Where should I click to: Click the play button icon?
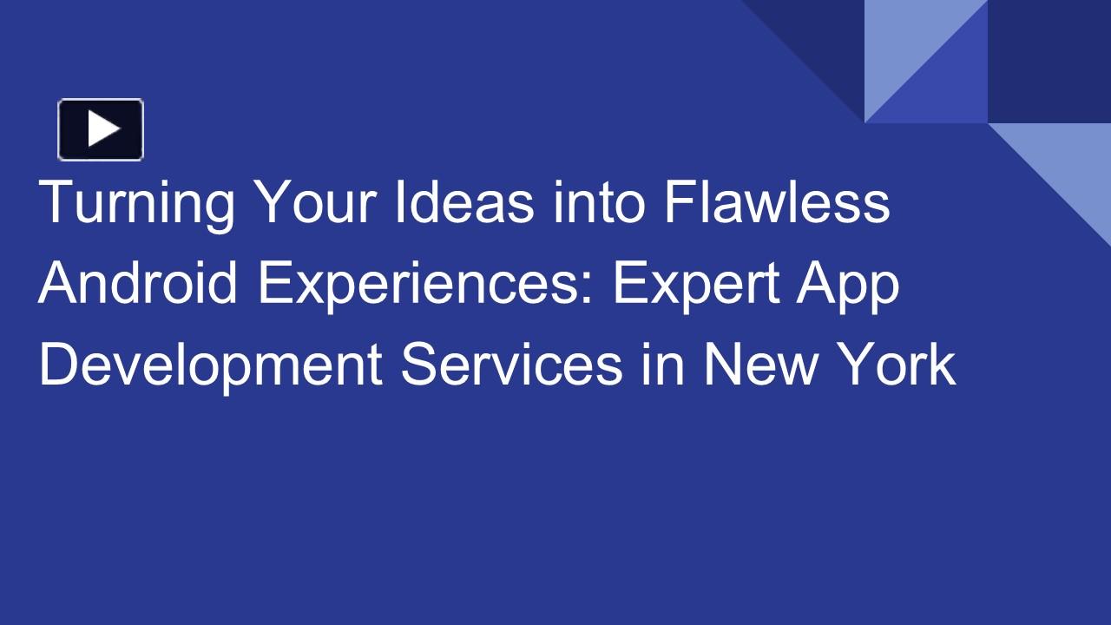[x=101, y=129]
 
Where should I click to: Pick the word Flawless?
[x=778, y=202]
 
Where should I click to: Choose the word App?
[x=851, y=284]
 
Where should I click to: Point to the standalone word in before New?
[x=663, y=365]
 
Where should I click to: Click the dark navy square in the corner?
[x=1049, y=61]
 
